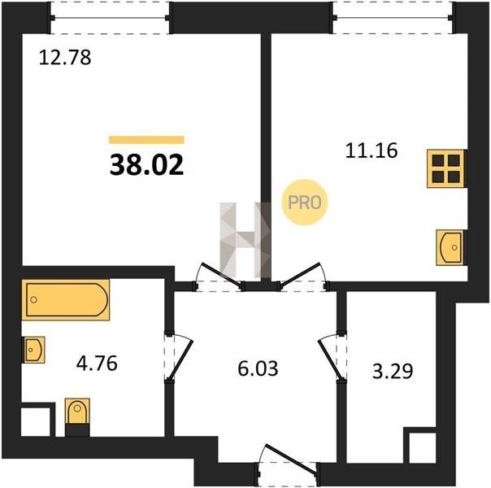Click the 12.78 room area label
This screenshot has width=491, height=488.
point(65,58)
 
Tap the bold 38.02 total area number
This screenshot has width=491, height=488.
point(146,165)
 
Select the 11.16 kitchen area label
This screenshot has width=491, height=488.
point(372,150)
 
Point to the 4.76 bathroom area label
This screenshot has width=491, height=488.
point(97,363)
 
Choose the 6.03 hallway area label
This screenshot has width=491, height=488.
point(258,368)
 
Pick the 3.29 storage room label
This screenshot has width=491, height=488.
point(393,371)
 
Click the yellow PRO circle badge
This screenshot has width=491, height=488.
point(304,202)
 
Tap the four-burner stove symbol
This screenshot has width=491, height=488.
point(445,168)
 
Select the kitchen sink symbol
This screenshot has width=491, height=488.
point(450,247)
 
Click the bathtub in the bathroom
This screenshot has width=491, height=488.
point(66,300)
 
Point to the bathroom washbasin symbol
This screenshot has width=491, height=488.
point(33,350)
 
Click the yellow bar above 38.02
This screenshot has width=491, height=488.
point(146,140)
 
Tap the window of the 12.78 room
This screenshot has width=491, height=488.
point(111,18)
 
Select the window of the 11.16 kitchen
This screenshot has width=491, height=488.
point(393,18)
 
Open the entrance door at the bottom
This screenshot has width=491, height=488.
point(288,465)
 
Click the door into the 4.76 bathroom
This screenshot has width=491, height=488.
point(179,357)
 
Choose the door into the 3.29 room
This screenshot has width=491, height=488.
point(332,357)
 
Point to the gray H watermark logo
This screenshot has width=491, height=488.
point(245,240)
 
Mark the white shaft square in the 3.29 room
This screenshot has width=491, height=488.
point(423,448)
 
